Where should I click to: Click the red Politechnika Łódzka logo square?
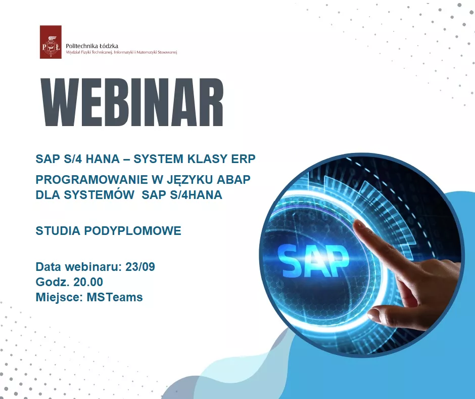pyautogui.click(x=51, y=42)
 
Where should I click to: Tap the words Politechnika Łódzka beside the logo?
pyautogui.click(x=92, y=46)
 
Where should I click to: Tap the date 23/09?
pyautogui.click(x=140, y=267)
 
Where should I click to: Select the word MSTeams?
pyautogui.click(x=115, y=297)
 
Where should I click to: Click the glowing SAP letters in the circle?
pyautogui.click(x=313, y=260)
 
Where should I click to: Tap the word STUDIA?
pyautogui.click(x=58, y=231)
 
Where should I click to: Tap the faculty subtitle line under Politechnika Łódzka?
pyautogui.click(x=121, y=53)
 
